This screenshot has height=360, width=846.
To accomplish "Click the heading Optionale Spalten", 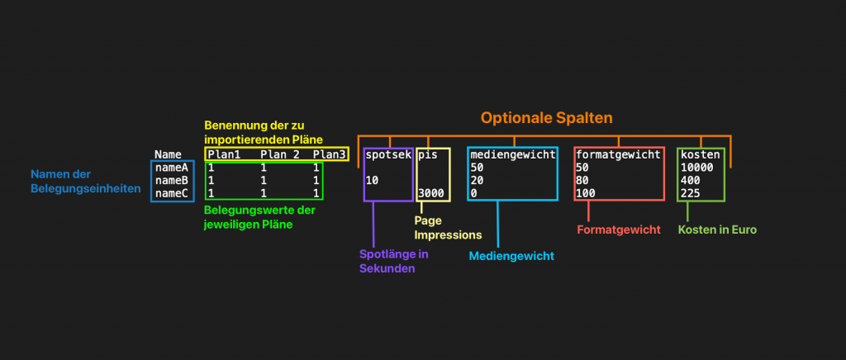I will tap(547, 117).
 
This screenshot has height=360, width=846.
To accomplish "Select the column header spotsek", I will tap(387, 154).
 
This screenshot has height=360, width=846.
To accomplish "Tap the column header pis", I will tap(428, 154).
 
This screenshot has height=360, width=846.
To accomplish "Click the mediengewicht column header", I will tap(513, 154).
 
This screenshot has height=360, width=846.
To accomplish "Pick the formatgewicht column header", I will tap(619, 154).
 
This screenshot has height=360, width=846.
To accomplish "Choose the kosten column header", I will tap(700, 154).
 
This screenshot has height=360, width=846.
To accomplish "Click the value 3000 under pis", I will tap(432, 193).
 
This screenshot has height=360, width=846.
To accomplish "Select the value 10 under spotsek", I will tap(372, 180).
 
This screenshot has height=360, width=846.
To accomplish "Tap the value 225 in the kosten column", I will tap(691, 193).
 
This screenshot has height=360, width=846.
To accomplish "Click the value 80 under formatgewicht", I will tap(582, 180).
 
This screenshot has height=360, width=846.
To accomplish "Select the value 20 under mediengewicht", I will tap(477, 180).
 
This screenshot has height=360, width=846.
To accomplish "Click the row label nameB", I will tap(172, 180).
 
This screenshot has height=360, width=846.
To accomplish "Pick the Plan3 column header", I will tap(329, 154).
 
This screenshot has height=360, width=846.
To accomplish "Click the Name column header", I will tap(168, 154).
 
